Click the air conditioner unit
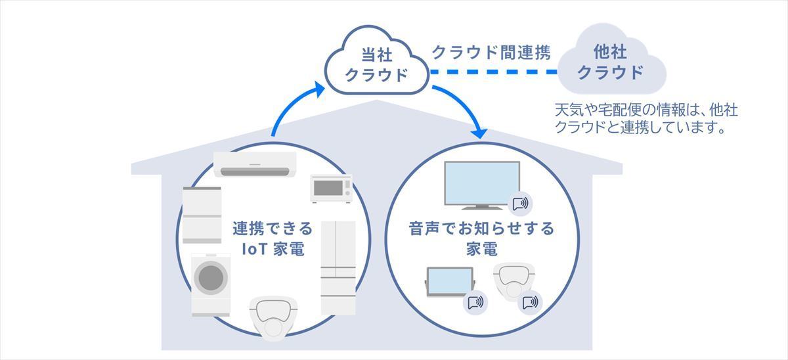click(255, 164)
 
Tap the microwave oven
click(331, 189)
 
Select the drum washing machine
click(211, 284)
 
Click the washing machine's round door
click(211, 277)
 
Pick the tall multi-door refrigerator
click(338, 267)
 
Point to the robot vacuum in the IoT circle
click(273, 317)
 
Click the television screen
click(482, 183)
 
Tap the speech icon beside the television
click(520, 204)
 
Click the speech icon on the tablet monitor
click(475, 302)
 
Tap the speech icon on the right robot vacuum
click(530, 302)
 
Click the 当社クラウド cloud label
click(376, 65)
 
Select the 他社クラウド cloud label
click(610, 62)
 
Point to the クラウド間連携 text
click(491, 53)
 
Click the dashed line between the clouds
click(494, 72)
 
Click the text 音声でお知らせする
click(481, 229)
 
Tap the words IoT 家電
click(273, 249)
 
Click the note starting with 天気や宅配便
click(646, 119)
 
